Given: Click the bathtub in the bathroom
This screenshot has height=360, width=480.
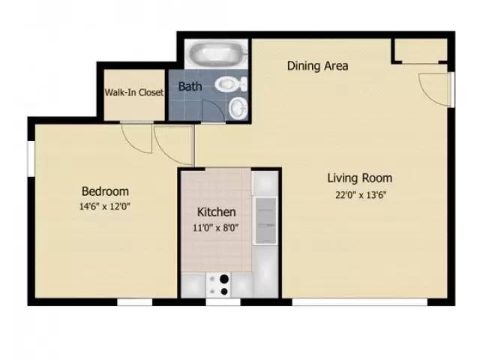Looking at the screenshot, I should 216,55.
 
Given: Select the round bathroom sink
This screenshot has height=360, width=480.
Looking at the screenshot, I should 238,109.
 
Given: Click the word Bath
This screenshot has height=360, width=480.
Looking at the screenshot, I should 190,86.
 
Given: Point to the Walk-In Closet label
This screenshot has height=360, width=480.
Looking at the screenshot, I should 134,94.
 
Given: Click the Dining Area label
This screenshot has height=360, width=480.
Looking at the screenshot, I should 317,66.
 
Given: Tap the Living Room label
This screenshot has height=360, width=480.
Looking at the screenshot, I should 359,178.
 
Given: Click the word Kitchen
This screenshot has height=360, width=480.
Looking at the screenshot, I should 217,212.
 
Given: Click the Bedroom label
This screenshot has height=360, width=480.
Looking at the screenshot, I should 105,191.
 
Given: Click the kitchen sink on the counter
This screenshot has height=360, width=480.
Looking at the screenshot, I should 265,221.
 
